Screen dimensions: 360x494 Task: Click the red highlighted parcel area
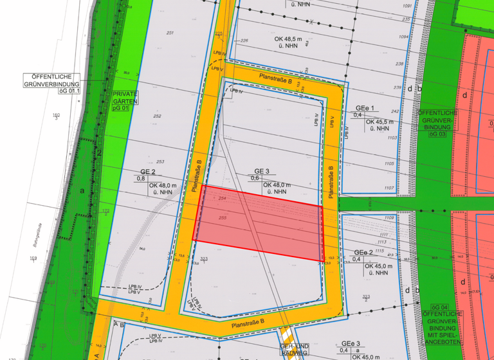[x=257, y=224]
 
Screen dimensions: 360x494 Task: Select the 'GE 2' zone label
[x=149, y=172]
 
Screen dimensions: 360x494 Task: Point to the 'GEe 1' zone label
[x=363, y=107]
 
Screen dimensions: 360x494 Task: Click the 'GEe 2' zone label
[x=363, y=253]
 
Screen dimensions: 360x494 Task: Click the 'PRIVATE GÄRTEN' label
[x=125, y=97]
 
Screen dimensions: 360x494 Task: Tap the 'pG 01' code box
[x=121, y=108]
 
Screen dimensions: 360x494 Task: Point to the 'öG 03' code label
[x=438, y=134]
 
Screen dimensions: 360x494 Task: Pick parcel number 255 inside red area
[x=223, y=218]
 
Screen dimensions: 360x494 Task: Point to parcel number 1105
[x=389, y=164]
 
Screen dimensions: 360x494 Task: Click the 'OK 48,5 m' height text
[x=284, y=39]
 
